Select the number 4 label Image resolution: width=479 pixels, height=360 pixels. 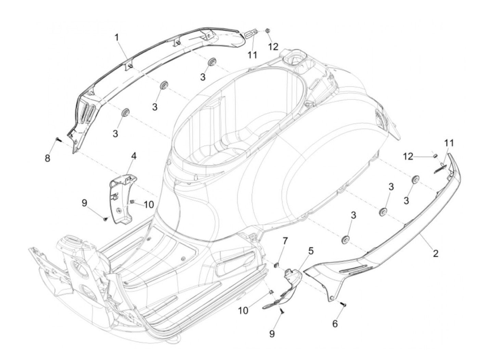[133, 156]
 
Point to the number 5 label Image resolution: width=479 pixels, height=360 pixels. [311, 251]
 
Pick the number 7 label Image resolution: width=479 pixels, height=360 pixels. [285, 241]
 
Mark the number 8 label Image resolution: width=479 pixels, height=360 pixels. [47, 158]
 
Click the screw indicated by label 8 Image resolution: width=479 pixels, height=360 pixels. [58, 139]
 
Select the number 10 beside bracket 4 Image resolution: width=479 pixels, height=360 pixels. [149, 204]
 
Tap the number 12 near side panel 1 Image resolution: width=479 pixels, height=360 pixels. [273, 47]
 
